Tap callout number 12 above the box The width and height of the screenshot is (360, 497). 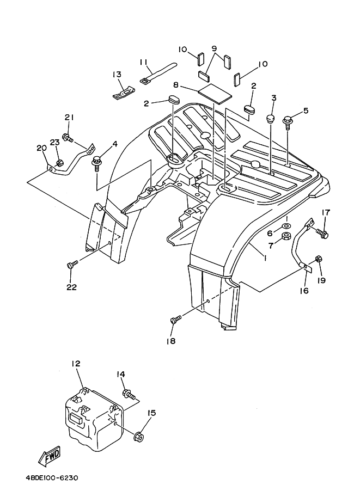[76, 363]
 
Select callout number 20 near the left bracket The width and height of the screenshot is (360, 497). [41, 148]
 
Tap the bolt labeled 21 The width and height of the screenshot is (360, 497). [67, 138]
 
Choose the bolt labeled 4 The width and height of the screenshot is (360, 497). [98, 161]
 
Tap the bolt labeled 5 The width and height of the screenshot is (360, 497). [287, 119]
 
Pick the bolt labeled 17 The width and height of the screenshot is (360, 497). [322, 234]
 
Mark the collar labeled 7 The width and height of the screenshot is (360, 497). [285, 236]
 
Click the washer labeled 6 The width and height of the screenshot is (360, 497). [285, 224]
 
